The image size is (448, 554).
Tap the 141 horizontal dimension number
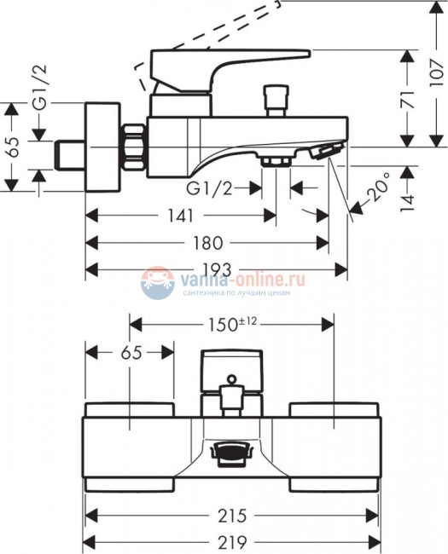(x=180, y=216)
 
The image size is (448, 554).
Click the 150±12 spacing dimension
(x=231, y=324)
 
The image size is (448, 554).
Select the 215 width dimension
(x=233, y=516)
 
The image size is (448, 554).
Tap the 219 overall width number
(x=233, y=542)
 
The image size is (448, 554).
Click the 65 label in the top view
(x=130, y=352)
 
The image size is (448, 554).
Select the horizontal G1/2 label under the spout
(x=211, y=186)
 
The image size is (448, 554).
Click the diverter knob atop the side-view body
(x=275, y=100)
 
